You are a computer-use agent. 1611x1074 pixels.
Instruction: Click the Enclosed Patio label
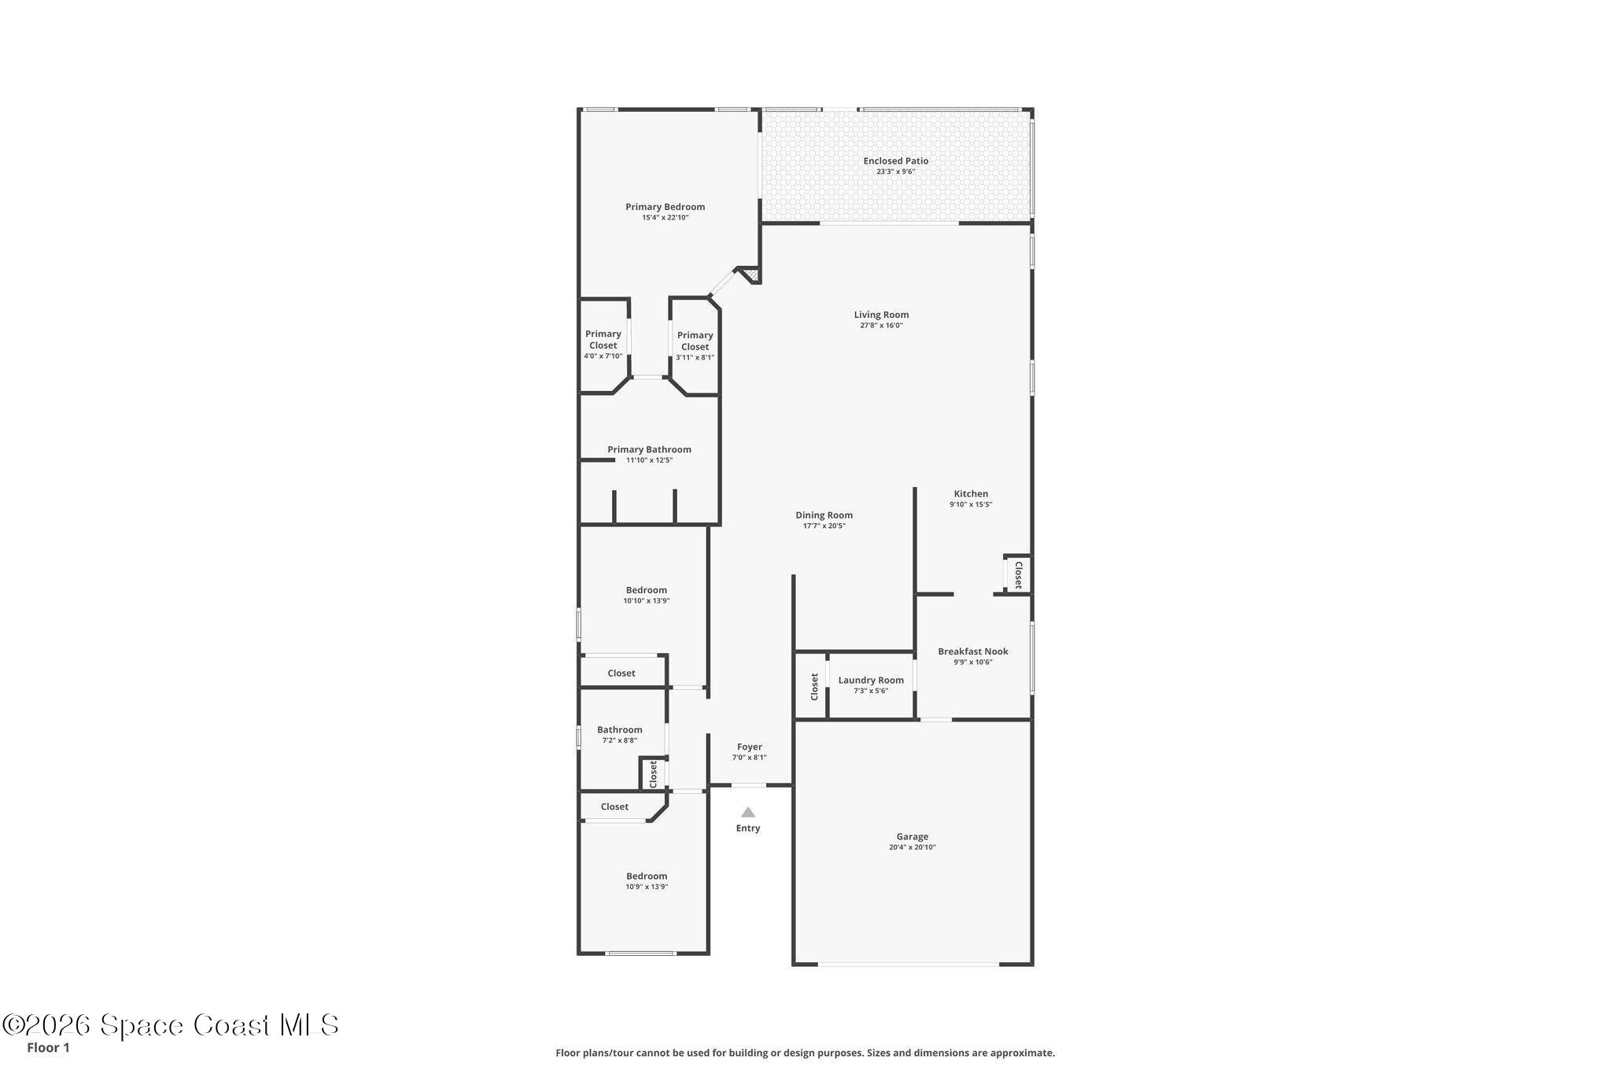tap(895, 161)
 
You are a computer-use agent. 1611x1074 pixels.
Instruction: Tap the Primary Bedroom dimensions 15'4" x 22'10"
tap(665, 218)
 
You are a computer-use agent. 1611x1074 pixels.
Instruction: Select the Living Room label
tap(881, 315)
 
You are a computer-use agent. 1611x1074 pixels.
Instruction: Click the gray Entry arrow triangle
tap(748, 812)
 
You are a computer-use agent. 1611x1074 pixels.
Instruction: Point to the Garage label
tap(912, 836)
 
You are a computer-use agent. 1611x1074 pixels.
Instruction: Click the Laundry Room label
tap(871, 681)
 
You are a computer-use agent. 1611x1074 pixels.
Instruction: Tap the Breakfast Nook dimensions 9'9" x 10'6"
tap(973, 662)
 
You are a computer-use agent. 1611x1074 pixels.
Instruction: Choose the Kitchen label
tap(971, 494)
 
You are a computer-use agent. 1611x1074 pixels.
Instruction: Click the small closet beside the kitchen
tap(1017, 574)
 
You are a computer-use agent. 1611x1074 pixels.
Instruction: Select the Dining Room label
tap(824, 515)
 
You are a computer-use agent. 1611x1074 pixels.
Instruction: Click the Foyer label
tap(749, 747)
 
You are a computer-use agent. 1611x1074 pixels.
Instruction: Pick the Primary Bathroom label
tap(649, 450)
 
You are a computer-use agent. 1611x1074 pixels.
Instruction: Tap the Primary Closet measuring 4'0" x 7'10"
tap(603, 345)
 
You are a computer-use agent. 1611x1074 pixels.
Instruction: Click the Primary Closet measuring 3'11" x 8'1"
tap(695, 346)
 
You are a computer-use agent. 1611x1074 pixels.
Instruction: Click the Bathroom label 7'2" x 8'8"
tap(619, 730)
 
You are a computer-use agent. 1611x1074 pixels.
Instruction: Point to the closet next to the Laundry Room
tap(814, 686)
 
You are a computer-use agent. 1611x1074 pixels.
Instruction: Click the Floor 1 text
tap(48, 1047)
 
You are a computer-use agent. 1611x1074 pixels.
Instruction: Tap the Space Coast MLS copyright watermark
tap(170, 1024)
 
